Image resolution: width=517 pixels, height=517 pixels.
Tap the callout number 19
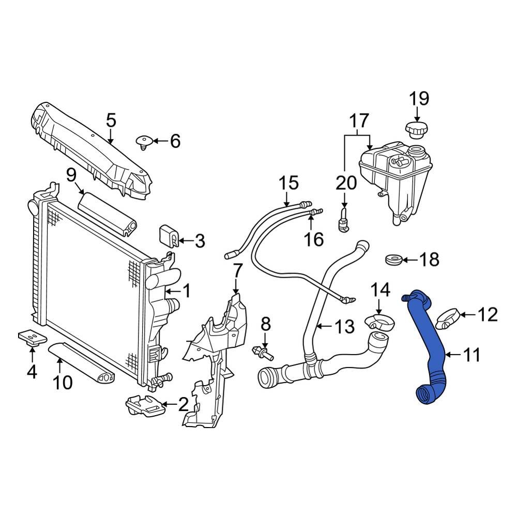tap(419, 99)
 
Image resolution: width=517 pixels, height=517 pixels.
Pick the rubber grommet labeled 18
tap(395, 259)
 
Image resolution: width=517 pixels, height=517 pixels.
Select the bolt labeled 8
tap(262, 353)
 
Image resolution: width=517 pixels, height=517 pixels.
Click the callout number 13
tap(344, 326)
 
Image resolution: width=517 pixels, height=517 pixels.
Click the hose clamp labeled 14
tap(379, 322)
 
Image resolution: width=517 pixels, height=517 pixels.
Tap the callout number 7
tap(237, 270)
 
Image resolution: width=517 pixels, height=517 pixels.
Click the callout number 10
tap(62, 382)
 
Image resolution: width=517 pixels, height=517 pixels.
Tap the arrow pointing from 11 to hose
tap(452, 355)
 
